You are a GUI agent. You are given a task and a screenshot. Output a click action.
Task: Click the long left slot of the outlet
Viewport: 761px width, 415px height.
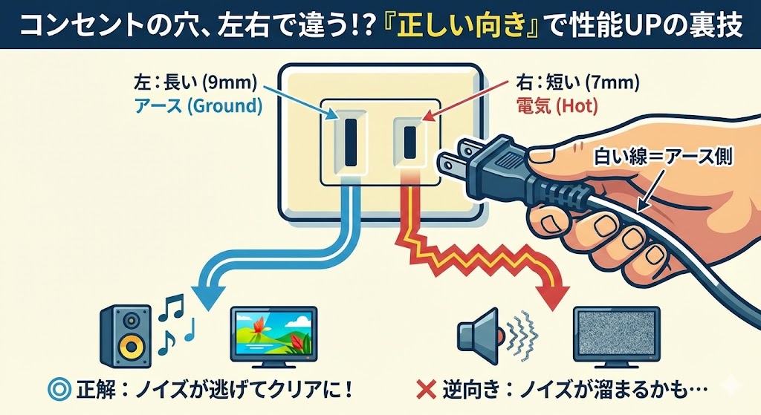tap(348, 139)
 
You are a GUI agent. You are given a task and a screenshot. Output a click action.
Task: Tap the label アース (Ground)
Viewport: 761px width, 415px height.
tap(198, 105)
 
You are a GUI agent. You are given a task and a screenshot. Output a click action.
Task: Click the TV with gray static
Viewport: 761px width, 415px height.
tap(616, 339)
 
